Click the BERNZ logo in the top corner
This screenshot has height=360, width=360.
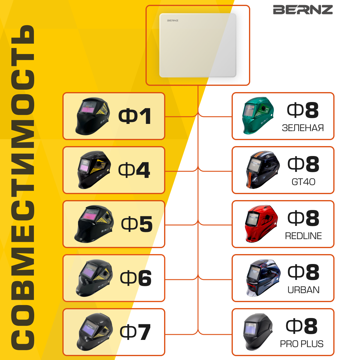[303, 10]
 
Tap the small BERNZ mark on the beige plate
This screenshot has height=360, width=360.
[172, 20]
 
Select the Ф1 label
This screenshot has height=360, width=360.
[135, 116]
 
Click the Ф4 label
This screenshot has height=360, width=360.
[134, 170]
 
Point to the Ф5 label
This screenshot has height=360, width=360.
[137, 224]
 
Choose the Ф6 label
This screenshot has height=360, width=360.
[136, 278]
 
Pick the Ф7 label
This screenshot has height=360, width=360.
[135, 332]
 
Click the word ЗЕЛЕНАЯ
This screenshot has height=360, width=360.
[303, 128]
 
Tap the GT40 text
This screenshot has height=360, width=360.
[303, 182]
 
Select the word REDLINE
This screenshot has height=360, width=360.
[303, 236]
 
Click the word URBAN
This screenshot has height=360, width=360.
[303, 290]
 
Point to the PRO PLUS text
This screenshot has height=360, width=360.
[301, 344]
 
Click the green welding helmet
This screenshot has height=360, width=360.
[257, 115]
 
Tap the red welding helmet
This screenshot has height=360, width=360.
[261, 223]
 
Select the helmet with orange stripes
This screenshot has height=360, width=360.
[262, 170]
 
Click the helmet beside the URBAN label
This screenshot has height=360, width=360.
[262, 278]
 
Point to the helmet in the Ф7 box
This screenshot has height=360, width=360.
[94, 332]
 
